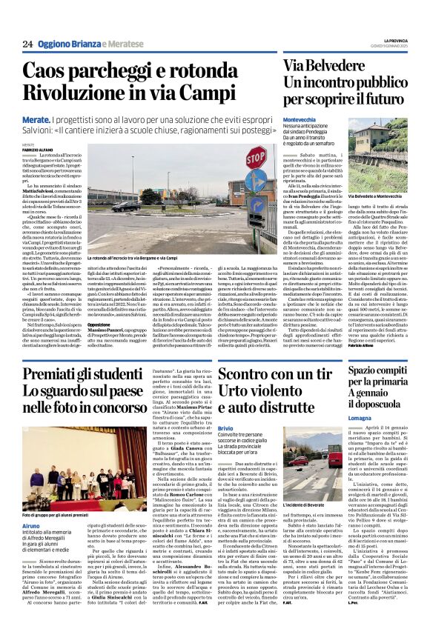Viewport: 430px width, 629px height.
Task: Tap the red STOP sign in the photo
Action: [x=256, y=158]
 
